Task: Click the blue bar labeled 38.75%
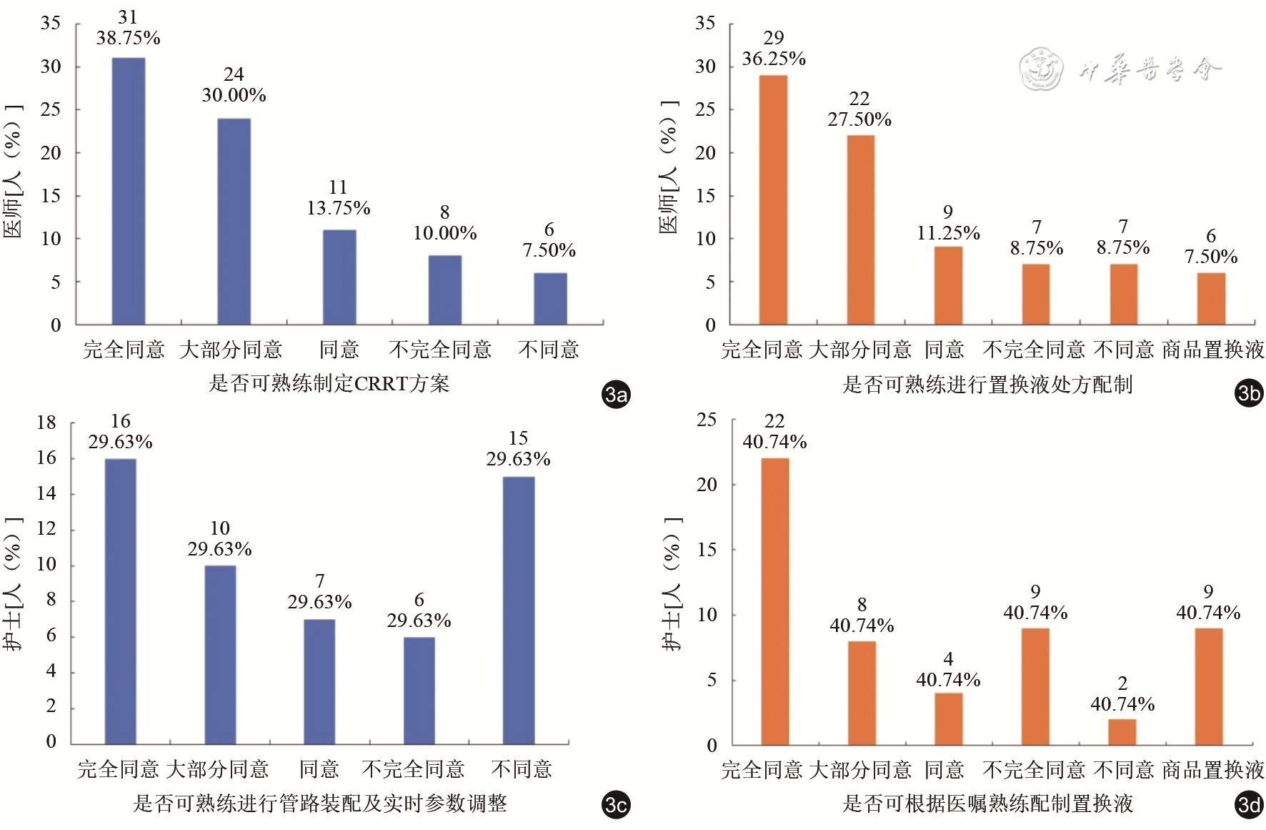(129, 191)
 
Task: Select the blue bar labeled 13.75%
(339, 277)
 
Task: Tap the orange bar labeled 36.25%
(773, 199)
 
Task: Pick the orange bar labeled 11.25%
(948, 285)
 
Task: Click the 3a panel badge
(616, 394)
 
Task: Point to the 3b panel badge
(1249, 393)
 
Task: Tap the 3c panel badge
(616, 805)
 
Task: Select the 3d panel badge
(1249, 806)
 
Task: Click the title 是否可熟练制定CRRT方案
(329, 384)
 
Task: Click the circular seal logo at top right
(1040, 69)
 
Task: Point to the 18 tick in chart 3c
(46, 423)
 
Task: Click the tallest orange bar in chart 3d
(775, 601)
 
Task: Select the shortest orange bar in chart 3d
(1122, 731)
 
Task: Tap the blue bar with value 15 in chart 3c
(519, 610)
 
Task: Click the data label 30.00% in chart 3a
(234, 95)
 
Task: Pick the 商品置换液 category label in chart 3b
(1213, 350)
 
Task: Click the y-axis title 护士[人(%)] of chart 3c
(13, 584)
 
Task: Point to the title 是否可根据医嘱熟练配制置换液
(987, 804)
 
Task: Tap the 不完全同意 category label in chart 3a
(440, 350)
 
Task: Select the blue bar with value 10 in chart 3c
(220, 654)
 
